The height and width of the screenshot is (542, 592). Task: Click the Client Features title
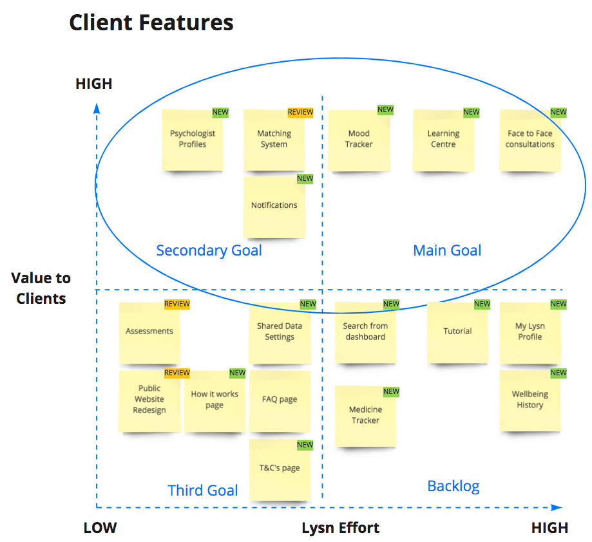(x=151, y=23)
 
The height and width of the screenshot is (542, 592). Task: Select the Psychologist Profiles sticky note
(x=193, y=140)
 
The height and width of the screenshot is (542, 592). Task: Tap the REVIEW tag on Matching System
(x=300, y=113)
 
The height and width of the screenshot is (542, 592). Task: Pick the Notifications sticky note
(x=274, y=206)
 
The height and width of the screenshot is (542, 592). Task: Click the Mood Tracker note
(x=359, y=140)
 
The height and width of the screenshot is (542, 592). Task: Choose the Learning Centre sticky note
(x=443, y=140)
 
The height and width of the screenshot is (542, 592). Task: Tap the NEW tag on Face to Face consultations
(x=559, y=113)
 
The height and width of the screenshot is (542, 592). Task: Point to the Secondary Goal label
(x=209, y=250)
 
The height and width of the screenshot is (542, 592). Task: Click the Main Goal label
(x=447, y=250)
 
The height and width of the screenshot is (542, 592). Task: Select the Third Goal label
(x=203, y=491)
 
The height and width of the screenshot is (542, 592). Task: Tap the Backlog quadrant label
(x=454, y=486)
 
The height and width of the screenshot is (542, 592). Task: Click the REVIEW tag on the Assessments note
(x=177, y=304)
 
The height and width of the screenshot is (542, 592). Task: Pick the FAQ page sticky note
(x=280, y=400)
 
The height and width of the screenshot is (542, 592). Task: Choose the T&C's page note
(x=280, y=469)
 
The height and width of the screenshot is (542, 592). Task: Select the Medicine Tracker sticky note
(x=365, y=416)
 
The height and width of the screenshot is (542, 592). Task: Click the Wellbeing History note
(x=530, y=400)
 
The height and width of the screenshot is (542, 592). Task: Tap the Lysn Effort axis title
(x=340, y=528)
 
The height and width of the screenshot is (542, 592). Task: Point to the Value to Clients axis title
(x=41, y=288)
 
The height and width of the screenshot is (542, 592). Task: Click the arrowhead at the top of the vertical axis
(x=97, y=107)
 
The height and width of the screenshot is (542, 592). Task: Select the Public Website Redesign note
(x=149, y=400)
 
